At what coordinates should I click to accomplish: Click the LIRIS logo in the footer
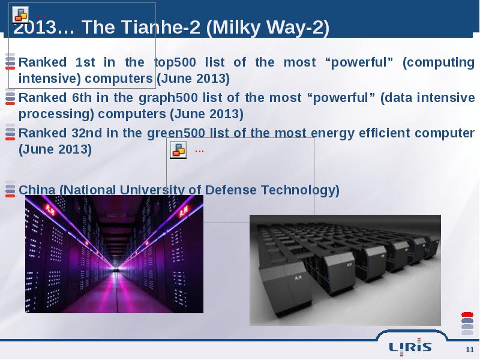click(410, 347)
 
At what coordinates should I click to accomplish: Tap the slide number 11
click(470, 350)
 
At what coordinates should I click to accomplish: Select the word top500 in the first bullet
click(175, 62)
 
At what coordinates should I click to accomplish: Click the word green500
click(176, 133)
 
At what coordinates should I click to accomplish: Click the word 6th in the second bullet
click(82, 98)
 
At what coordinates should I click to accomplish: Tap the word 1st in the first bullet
click(85, 62)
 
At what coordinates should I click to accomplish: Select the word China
click(37, 190)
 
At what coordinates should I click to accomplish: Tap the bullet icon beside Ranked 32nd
click(10, 132)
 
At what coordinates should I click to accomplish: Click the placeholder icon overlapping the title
click(20, 14)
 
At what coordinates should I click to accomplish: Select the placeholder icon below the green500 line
click(178, 150)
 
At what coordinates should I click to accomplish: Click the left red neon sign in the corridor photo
click(49, 209)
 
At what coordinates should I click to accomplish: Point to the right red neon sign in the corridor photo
click(184, 211)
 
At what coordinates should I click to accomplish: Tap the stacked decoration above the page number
click(467, 323)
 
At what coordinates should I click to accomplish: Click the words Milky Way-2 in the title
click(268, 27)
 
